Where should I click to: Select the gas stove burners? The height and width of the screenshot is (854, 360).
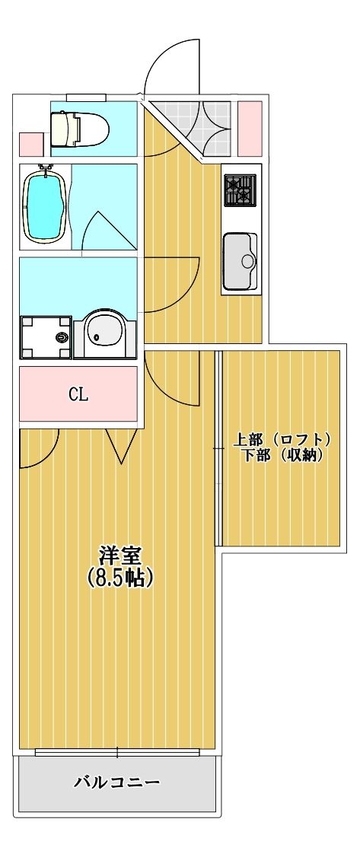click(240, 190)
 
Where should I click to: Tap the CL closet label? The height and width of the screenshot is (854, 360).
click(78, 394)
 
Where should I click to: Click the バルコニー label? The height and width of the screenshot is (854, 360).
click(117, 782)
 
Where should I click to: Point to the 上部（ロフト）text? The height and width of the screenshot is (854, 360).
click(282, 440)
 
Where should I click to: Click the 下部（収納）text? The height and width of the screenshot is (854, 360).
click(282, 456)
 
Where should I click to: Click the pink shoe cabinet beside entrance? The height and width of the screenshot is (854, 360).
click(250, 128)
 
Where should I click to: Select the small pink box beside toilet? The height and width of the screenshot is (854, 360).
click(30, 143)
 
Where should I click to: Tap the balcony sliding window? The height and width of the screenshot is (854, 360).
click(118, 753)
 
